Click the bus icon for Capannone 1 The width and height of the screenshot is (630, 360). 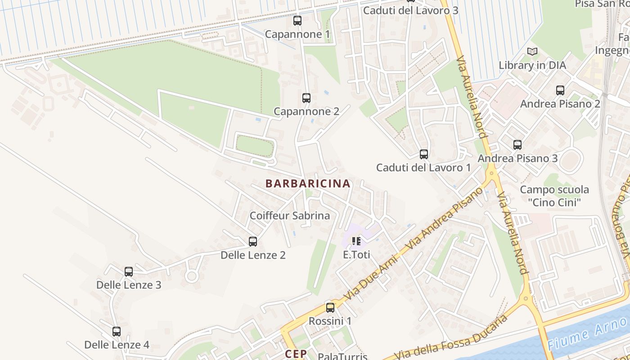pyautogui.click(x=297, y=21)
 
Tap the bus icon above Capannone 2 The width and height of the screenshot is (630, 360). pyautogui.click(x=306, y=98)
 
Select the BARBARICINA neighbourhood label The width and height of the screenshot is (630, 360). pyautogui.click(x=308, y=184)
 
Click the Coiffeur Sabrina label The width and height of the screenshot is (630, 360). pyautogui.click(x=290, y=216)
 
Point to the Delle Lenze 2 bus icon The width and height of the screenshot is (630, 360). pyautogui.click(x=253, y=242)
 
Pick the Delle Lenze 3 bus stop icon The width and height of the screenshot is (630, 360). pyautogui.click(x=129, y=272)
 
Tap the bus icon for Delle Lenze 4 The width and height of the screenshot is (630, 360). pyautogui.click(x=117, y=332)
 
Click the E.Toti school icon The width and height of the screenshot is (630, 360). pyautogui.click(x=356, y=241)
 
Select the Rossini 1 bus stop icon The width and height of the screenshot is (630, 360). pyautogui.click(x=330, y=308)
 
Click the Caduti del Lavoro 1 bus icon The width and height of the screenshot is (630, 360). pyautogui.click(x=423, y=154)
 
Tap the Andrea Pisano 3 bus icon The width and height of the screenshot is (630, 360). pyautogui.click(x=517, y=145)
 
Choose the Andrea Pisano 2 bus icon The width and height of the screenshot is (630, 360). pyautogui.click(x=560, y=90)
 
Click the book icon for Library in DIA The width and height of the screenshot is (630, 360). pyautogui.click(x=532, y=52)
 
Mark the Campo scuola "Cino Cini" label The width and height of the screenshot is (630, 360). pyautogui.click(x=554, y=196)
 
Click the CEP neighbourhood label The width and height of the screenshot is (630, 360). pyautogui.click(x=296, y=354)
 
